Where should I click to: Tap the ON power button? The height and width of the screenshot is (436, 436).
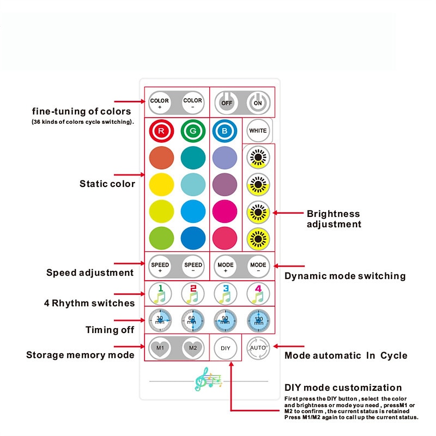click(x=258, y=102)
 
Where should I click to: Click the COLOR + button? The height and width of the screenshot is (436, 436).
click(x=160, y=102)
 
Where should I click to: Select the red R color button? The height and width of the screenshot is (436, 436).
click(x=161, y=131)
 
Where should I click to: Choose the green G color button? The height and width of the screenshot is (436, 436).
click(x=193, y=131)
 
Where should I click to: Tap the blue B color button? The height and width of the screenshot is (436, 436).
click(x=225, y=131)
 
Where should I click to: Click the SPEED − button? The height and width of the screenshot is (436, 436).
click(x=193, y=267)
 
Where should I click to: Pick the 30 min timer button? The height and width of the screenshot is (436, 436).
click(x=160, y=320)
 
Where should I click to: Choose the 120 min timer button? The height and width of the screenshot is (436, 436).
click(x=258, y=320)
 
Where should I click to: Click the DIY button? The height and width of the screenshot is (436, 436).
click(x=225, y=347)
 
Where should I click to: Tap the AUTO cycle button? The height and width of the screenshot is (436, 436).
click(x=258, y=347)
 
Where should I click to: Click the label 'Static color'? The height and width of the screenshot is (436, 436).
click(x=107, y=184)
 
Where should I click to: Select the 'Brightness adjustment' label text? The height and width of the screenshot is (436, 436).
click(x=334, y=219)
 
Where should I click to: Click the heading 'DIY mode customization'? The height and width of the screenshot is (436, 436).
click(x=343, y=388)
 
